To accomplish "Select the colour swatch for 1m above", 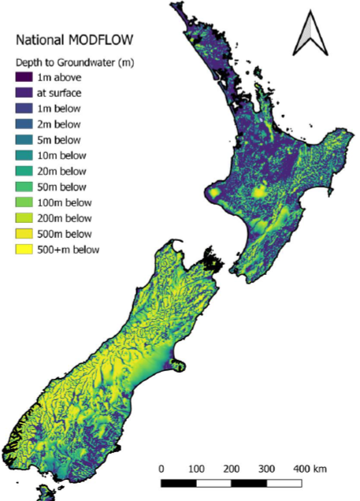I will (24, 77).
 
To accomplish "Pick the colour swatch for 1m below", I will (24, 108).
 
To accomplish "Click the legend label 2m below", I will (60, 124).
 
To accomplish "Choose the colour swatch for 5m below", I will (24, 139).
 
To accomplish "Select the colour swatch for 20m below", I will (24, 171).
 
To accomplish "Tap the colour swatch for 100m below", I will (24, 202).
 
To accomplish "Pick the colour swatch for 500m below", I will (24, 234).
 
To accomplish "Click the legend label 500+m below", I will (69, 250).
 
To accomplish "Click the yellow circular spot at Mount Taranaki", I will (213, 192).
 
